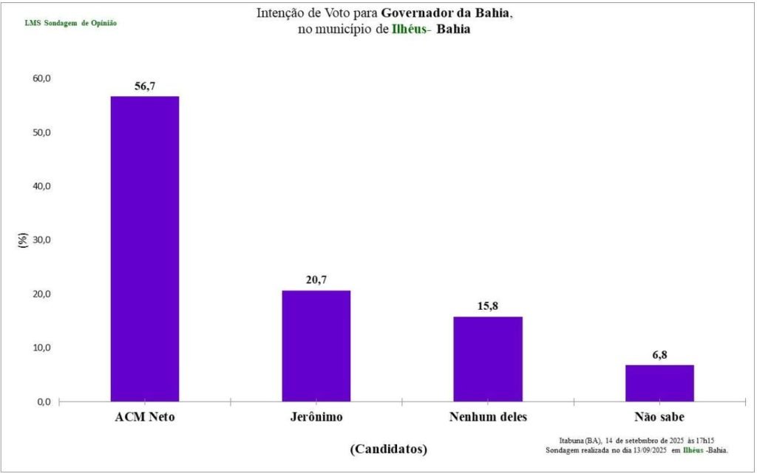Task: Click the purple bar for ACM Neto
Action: [x=145, y=248]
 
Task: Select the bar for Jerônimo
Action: [x=316, y=345]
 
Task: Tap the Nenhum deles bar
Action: [x=488, y=359]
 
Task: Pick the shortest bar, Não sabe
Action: [x=659, y=383]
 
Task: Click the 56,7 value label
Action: [x=145, y=87]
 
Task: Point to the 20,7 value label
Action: [x=316, y=280]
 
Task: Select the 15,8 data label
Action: [x=488, y=306]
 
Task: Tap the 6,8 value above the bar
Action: [x=659, y=355]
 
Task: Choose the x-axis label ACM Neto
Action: [x=145, y=416]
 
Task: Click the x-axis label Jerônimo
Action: [x=316, y=416]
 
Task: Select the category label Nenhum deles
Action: [x=488, y=416]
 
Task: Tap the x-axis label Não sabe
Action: [x=659, y=416]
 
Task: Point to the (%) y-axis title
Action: [x=24, y=240]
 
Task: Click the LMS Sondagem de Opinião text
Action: [x=71, y=23]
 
